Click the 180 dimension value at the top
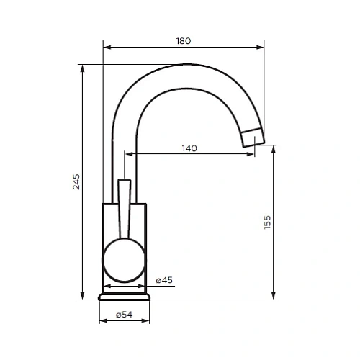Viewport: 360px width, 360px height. tap(184, 41)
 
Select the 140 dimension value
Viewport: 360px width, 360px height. tap(189, 148)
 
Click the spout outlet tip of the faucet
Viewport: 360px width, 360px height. tap(255, 138)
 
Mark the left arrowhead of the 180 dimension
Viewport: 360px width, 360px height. tap(107, 48)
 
